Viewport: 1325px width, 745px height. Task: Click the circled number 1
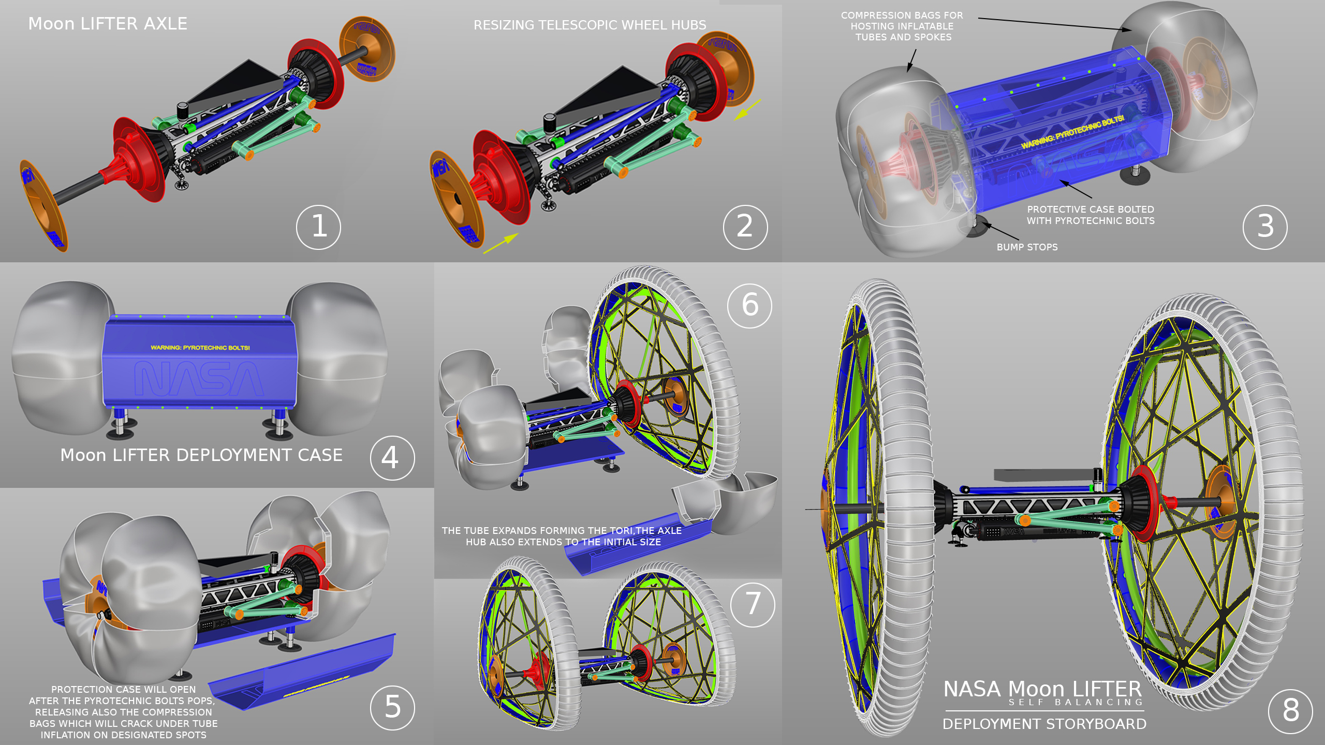[318, 227]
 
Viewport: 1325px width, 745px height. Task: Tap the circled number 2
[745, 227]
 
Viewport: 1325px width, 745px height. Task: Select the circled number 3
[1265, 227]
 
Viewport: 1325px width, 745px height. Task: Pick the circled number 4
[392, 458]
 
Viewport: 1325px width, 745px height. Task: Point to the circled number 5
[392, 707]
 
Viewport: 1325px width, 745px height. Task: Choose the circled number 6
[750, 305]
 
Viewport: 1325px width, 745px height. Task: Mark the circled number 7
[753, 604]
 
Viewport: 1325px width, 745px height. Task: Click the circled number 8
[1291, 711]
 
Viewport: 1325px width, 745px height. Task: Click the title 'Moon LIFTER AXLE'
[108, 24]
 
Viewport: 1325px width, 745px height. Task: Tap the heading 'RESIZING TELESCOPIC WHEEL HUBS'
[590, 25]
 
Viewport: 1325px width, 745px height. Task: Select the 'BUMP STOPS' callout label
[1027, 247]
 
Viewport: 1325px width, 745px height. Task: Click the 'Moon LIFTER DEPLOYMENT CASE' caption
[201, 455]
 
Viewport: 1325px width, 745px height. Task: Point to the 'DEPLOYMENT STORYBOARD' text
[1044, 724]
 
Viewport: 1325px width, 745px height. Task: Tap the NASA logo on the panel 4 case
[199, 379]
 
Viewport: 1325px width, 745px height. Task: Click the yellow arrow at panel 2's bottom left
[501, 243]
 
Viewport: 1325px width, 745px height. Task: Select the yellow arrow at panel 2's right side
[747, 110]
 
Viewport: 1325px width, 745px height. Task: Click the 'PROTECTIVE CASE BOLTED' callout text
[1091, 210]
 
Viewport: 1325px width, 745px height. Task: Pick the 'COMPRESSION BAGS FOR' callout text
[902, 16]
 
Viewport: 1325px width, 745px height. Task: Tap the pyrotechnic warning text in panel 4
[200, 348]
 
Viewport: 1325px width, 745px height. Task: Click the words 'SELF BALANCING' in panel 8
[1076, 703]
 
